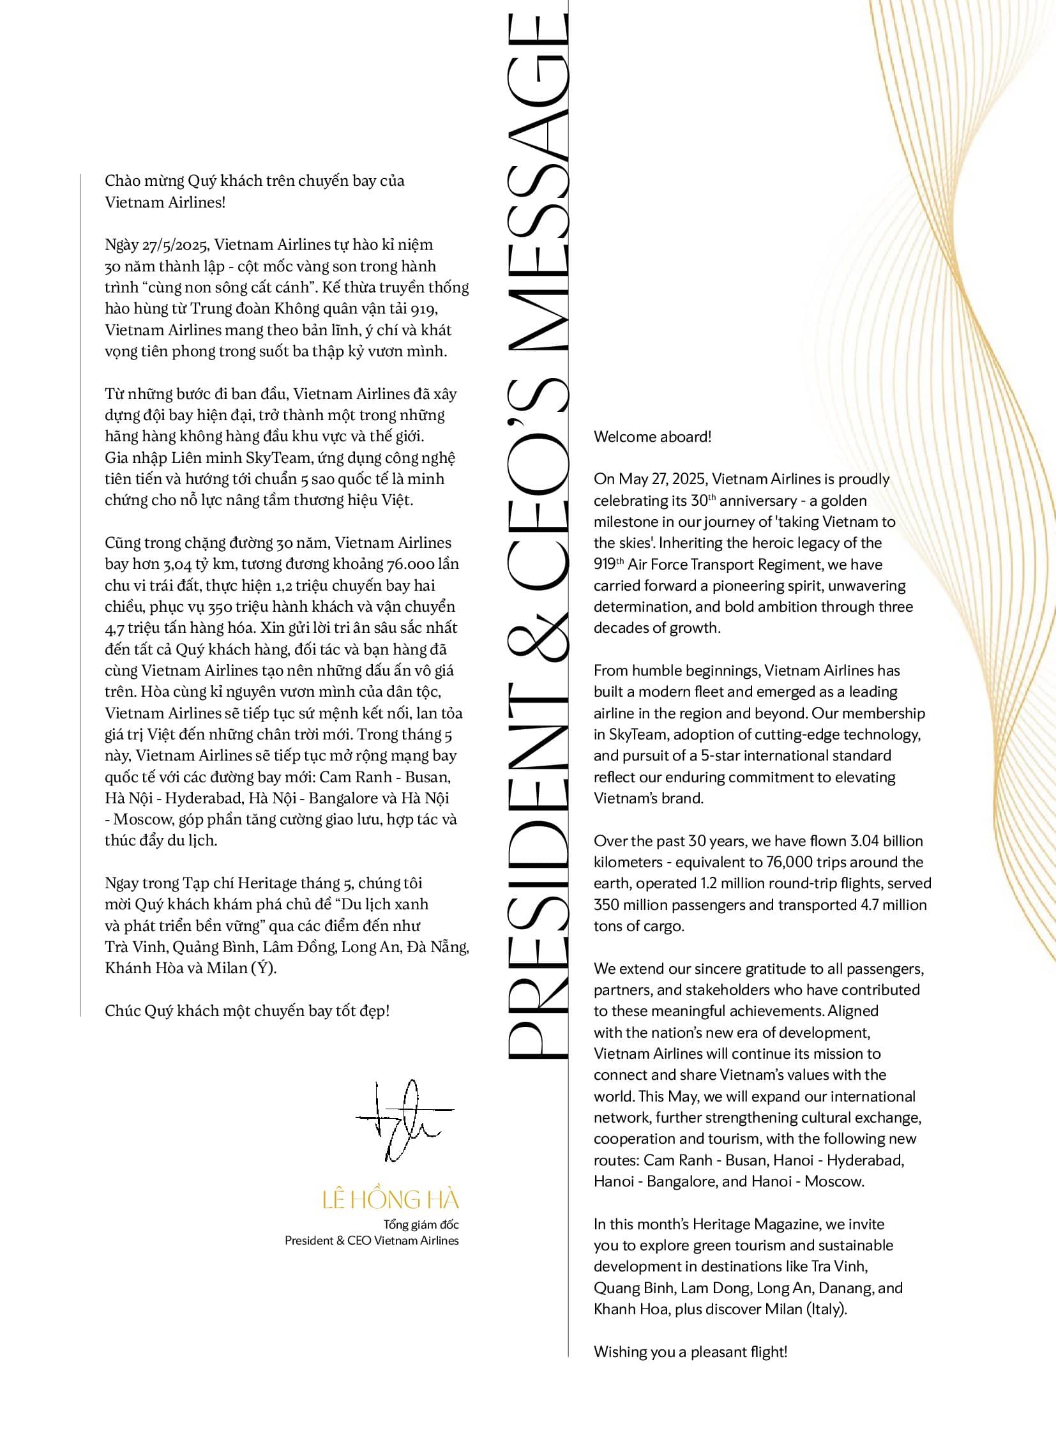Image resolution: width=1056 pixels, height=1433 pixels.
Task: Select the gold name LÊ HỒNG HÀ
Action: point(391,1201)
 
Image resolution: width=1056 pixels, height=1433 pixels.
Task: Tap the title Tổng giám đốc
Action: point(421,1225)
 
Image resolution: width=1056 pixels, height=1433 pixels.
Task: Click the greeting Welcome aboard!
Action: point(652,437)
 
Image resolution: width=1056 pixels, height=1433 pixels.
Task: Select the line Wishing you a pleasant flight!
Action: point(690,1351)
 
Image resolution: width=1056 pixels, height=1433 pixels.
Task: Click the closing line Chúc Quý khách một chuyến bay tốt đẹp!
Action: point(247,1011)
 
